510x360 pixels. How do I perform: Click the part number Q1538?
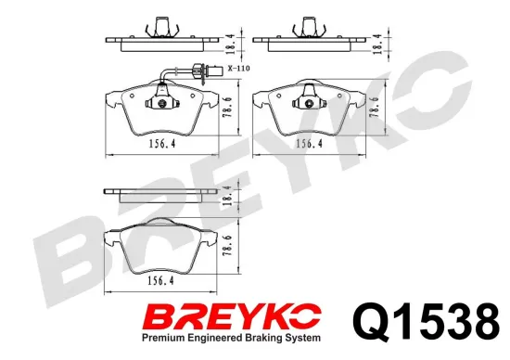427,321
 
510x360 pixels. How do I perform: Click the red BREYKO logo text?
232,316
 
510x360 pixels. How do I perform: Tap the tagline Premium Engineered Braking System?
231,338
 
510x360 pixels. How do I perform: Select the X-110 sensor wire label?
238,69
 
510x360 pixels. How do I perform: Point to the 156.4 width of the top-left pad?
162,144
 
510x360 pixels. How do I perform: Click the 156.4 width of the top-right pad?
309,144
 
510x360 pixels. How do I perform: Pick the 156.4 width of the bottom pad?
160,280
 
